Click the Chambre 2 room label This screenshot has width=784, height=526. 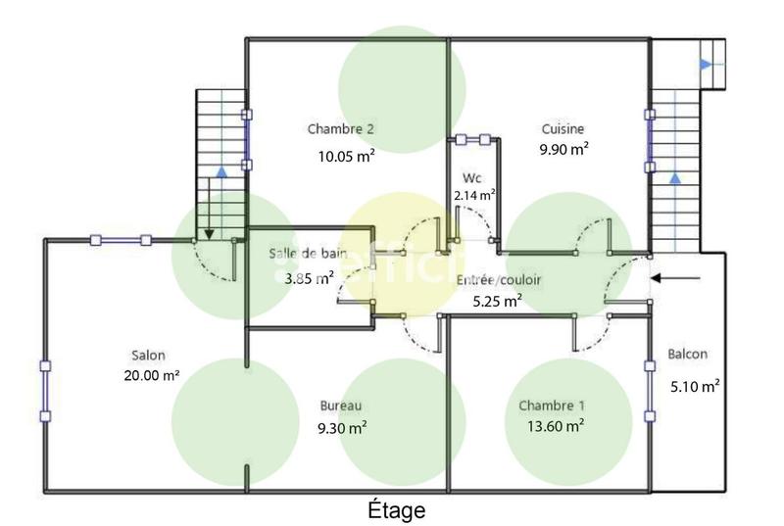point(341,128)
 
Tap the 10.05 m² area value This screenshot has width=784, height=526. point(346,155)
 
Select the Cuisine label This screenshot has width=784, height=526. point(563,128)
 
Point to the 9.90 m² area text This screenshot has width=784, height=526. point(563,149)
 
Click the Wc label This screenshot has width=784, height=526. point(471,179)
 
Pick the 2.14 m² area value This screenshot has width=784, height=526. point(474,195)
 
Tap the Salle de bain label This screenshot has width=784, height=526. point(309,254)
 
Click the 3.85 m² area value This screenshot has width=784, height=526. point(309,277)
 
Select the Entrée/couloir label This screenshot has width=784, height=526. point(499,280)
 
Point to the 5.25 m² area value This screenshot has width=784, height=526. point(497,302)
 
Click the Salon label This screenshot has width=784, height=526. point(149,356)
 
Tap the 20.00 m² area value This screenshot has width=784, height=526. point(151,375)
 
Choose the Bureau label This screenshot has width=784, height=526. point(342,406)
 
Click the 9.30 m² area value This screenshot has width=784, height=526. point(342,427)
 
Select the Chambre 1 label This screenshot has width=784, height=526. point(552,406)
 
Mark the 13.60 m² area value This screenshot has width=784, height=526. point(553,425)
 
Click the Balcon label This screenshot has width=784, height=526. point(688,354)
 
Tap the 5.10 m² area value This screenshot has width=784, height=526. point(694,385)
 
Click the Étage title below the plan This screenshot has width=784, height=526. point(396,510)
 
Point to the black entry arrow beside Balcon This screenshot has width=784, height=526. point(677,279)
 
